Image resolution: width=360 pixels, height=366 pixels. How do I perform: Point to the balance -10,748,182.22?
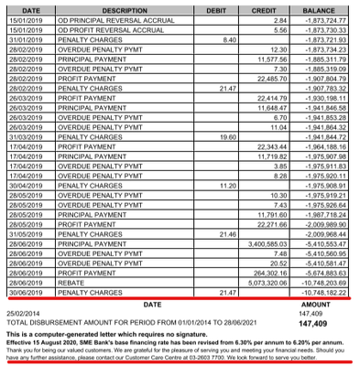322,292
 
